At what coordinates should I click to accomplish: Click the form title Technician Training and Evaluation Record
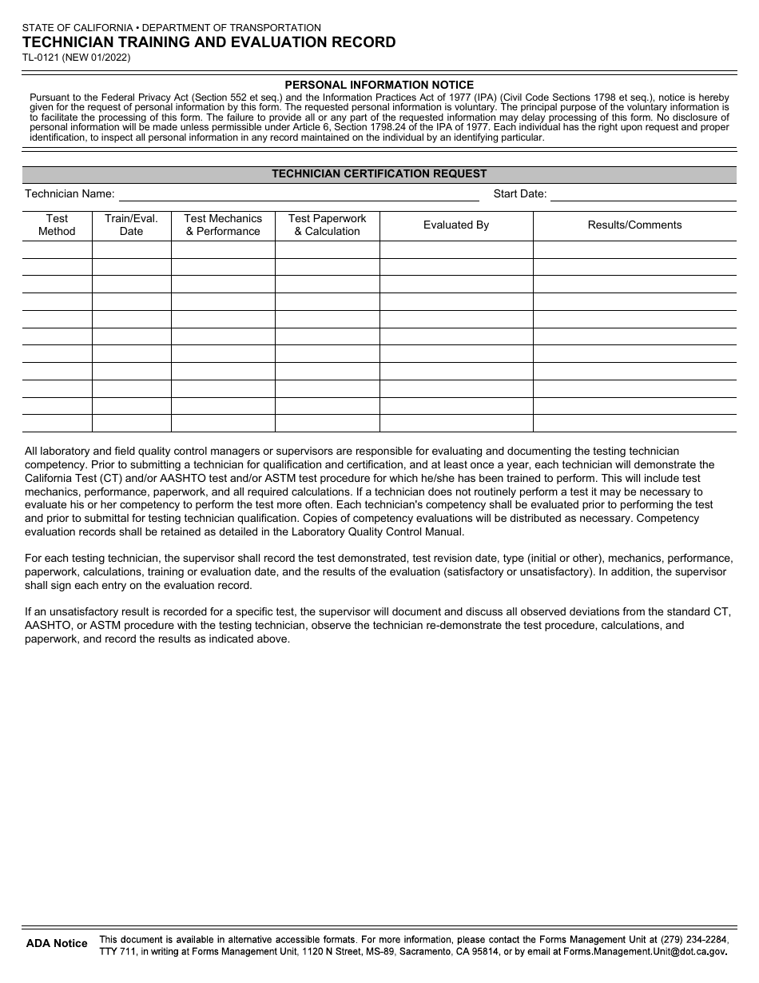coord(209,42)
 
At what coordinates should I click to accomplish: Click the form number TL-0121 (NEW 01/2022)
coord(76,58)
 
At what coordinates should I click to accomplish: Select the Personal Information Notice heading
coord(379,85)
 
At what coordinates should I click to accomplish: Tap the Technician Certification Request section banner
coord(379,173)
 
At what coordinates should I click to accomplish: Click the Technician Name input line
coord(299,194)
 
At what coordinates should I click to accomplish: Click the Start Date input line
coord(642,194)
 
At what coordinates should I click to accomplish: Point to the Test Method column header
coord(57,225)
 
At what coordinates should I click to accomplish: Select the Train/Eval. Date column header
coord(131,225)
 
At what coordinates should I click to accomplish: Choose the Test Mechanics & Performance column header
coord(223,225)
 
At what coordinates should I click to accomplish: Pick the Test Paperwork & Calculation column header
coord(327,225)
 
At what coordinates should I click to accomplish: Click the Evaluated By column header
coord(455,225)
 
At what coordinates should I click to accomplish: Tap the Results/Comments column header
coord(634,225)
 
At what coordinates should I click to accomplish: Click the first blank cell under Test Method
coord(57,249)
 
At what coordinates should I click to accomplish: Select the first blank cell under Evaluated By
coord(455,249)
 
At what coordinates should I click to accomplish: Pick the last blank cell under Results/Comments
coord(634,424)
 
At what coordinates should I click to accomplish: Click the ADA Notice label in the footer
coord(57,943)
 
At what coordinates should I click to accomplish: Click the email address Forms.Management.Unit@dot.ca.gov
coord(645,951)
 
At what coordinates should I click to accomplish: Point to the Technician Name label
coord(70,193)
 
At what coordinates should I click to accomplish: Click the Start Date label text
coord(519,193)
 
